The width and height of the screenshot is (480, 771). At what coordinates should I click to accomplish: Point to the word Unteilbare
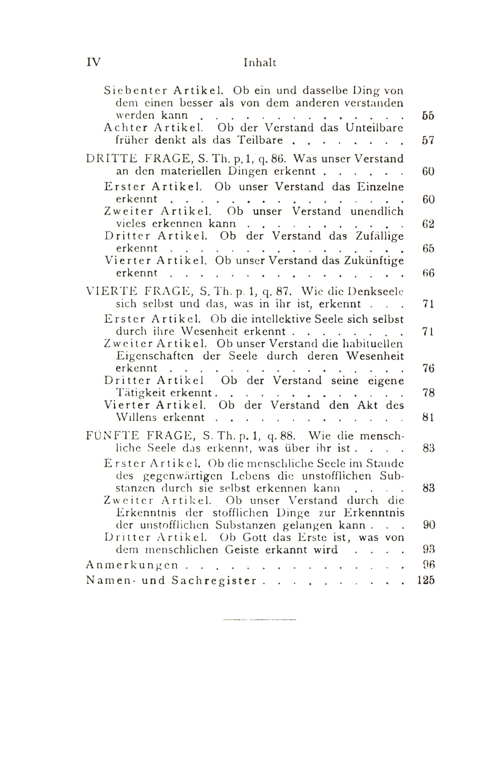[375, 128]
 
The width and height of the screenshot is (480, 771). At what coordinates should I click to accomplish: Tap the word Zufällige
[380, 236]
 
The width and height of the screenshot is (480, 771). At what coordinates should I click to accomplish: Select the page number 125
[426, 581]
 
